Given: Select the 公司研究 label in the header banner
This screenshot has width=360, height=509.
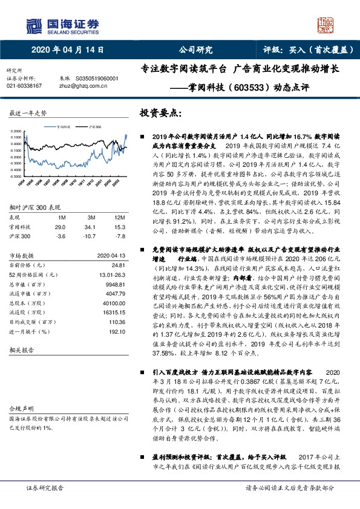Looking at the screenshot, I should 196,51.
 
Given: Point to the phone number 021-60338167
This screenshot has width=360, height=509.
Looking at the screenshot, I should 24,86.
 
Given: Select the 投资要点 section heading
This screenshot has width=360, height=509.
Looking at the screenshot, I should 160,112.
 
